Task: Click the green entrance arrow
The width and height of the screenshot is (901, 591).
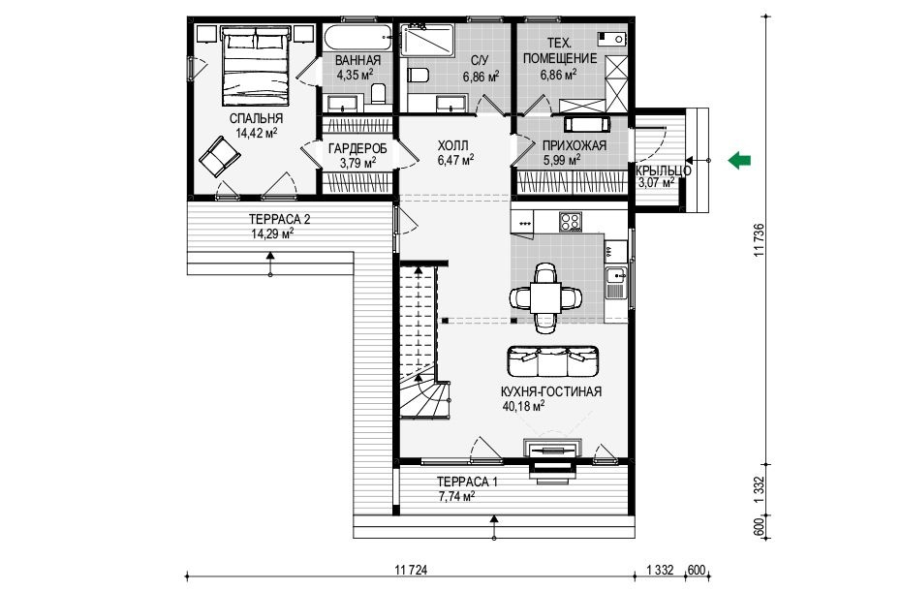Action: pos(739,160)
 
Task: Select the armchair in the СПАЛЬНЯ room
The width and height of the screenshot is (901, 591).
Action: pos(219,156)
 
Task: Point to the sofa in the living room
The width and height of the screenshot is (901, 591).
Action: pos(553,360)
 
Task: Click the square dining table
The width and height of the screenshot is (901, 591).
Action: pos(545,297)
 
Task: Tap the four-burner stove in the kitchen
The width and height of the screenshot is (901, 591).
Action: pos(571,221)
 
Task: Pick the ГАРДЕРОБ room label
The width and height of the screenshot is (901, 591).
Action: pos(357,148)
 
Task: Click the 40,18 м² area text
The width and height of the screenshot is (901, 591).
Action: pos(523,406)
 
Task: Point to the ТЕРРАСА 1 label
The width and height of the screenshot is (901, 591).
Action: pos(467,482)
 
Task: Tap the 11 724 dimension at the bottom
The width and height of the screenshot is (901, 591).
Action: pos(412,570)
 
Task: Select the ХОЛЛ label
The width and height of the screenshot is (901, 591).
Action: pos(452,145)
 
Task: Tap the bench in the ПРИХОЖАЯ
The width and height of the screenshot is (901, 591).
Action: pos(587,124)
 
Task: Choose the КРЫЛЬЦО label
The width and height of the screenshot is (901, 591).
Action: pos(663,171)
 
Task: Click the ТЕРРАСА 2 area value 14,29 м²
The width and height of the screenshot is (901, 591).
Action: pos(272,233)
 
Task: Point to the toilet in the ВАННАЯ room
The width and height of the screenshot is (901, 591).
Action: pos(378,93)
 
